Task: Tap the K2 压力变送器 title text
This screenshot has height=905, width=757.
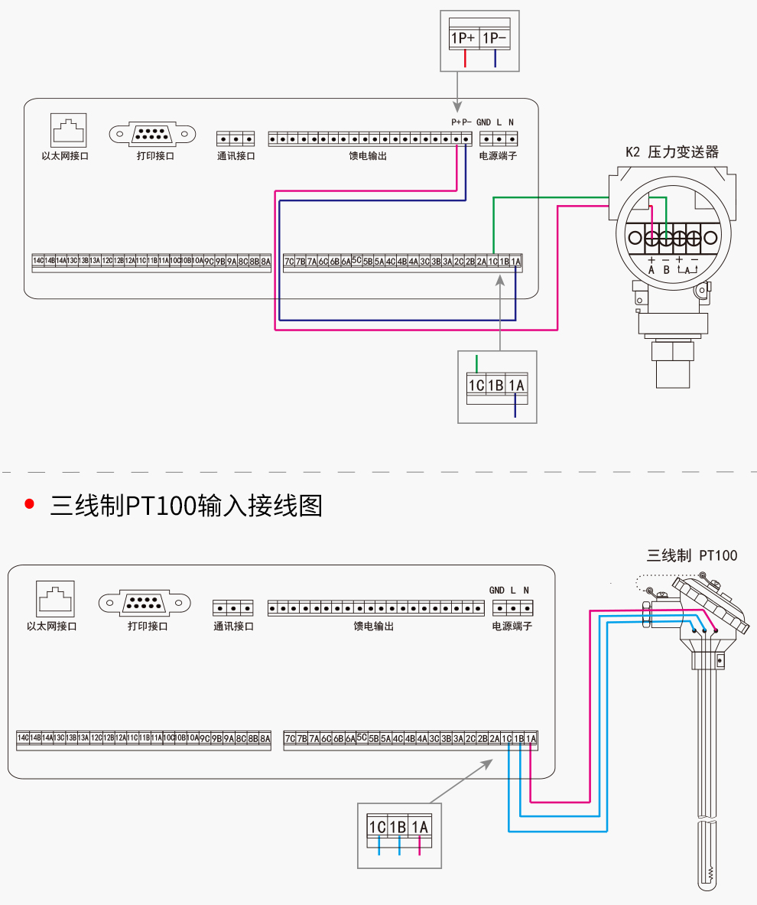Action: coord(672,151)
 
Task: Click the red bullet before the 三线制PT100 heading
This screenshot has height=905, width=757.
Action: coord(30,503)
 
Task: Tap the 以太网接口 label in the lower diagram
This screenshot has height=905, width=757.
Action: coord(52,626)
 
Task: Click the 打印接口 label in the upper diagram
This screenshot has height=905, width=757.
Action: coord(155,156)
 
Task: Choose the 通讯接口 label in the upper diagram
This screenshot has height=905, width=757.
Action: coord(236,156)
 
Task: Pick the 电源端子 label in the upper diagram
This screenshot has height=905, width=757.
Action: coord(498,156)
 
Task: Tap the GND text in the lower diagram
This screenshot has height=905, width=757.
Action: coord(497,591)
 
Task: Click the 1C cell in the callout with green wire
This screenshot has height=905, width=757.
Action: coord(476,386)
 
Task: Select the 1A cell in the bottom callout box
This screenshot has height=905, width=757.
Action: coord(420,827)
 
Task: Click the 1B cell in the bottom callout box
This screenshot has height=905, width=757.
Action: coord(398,827)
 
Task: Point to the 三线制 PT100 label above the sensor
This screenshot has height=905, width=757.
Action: coord(692,555)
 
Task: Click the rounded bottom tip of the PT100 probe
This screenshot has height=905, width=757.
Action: coord(708,880)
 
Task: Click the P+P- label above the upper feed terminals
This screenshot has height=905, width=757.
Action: coord(461,122)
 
